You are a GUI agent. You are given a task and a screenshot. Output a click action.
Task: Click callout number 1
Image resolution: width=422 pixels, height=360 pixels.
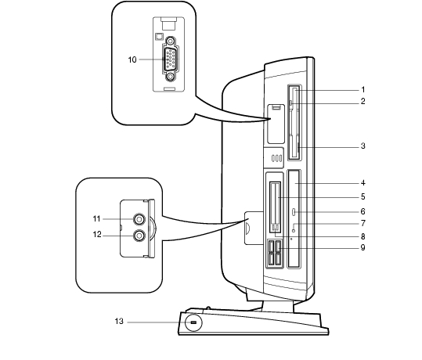tap(362, 89)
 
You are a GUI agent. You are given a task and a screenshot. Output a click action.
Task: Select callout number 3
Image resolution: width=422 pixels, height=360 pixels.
tap(362, 146)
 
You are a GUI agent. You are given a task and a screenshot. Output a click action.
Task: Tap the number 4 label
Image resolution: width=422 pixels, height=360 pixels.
tap(362, 183)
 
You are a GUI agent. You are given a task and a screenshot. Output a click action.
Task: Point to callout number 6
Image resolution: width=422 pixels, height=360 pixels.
tap(362, 211)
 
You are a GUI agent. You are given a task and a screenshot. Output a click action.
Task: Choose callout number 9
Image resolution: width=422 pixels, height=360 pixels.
tap(362, 247)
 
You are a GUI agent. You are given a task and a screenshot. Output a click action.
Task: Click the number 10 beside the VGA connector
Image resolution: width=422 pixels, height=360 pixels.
tap(132, 59)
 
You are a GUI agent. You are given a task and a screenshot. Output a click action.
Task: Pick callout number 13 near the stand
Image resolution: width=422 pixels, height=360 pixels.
tap(119, 321)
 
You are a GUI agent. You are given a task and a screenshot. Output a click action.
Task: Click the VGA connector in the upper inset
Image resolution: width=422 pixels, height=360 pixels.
tap(170, 59)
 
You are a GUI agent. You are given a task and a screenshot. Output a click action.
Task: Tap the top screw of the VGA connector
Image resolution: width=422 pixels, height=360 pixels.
tap(170, 41)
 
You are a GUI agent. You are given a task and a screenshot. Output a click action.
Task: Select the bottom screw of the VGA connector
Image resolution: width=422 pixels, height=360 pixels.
tap(170, 77)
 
